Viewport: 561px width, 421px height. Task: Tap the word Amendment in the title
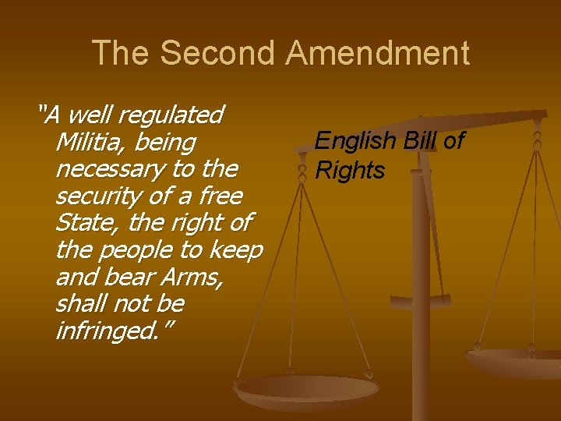pyautogui.click(x=378, y=53)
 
